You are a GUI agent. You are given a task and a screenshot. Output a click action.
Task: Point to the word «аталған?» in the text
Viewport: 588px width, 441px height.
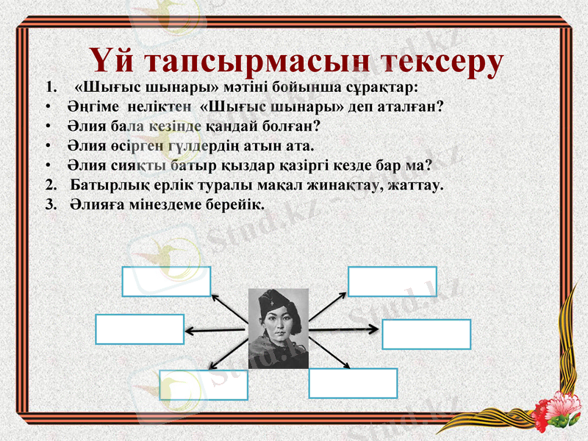[411, 106]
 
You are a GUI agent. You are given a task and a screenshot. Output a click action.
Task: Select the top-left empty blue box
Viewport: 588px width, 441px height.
[166, 282]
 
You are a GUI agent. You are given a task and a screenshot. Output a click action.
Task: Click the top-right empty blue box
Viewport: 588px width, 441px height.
[392, 282]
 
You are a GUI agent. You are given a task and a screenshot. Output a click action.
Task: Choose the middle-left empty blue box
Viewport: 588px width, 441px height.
[140, 329]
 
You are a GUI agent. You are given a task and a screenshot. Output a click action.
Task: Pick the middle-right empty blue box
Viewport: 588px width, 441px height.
[426, 334]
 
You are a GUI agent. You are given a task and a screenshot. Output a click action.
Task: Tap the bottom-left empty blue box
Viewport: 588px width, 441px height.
[204, 384]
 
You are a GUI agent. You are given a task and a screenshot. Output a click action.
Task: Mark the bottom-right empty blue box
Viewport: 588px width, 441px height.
[353, 383]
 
